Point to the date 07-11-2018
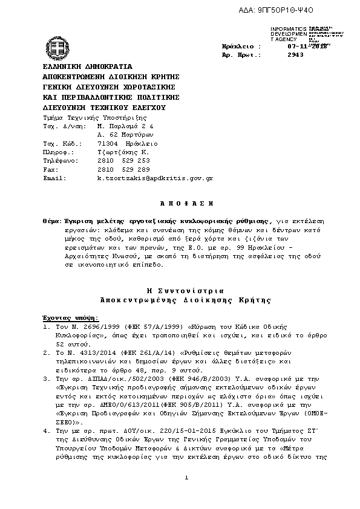point(307,46)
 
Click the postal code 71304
point(106,144)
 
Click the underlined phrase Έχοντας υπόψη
point(70,316)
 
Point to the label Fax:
point(50,170)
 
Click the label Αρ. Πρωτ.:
point(241,54)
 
